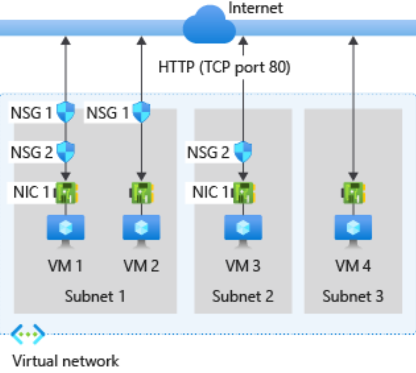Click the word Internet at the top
click(x=256, y=8)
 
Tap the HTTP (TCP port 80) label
click(x=224, y=68)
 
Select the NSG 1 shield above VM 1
click(x=66, y=111)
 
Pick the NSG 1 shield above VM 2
click(x=141, y=111)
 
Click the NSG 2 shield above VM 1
click(x=66, y=151)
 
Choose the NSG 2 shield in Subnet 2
click(x=243, y=151)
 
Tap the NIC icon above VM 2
click(x=141, y=193)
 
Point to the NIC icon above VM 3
click(x=243, y=193)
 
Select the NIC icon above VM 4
click(x=353, y=193)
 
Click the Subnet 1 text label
click(x=95, y=296)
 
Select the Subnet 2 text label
click(x=243, y=296)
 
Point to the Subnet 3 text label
click(x=353, y=296)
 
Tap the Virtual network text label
click(x=65, y=361)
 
